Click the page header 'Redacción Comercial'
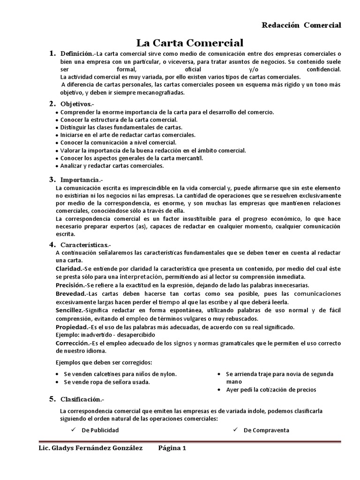pyautogui.click(x=301, y=25)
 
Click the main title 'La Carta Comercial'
pyautogui.click(x=190, y=43)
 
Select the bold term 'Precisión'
pyautogui.click(x=70, y=285)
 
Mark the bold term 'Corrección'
pyautogui.click(x=72, y=343)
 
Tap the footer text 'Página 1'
pyautogui.click(x=172, y=448)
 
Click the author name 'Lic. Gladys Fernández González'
pyautogui.click(x=90, y=448)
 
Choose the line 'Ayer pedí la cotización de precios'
pyautogui.click(x=270, y=390)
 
